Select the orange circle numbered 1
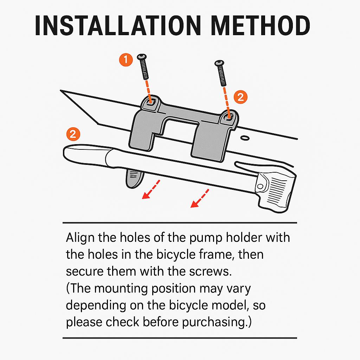point(126,60)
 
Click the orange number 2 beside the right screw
point(240,97)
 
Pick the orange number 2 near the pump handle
point(73,134)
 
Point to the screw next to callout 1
point(143,66)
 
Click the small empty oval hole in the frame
point(245,138)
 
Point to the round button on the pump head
point(261,186)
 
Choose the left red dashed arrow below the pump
point(151,189)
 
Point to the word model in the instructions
point(230,305)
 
